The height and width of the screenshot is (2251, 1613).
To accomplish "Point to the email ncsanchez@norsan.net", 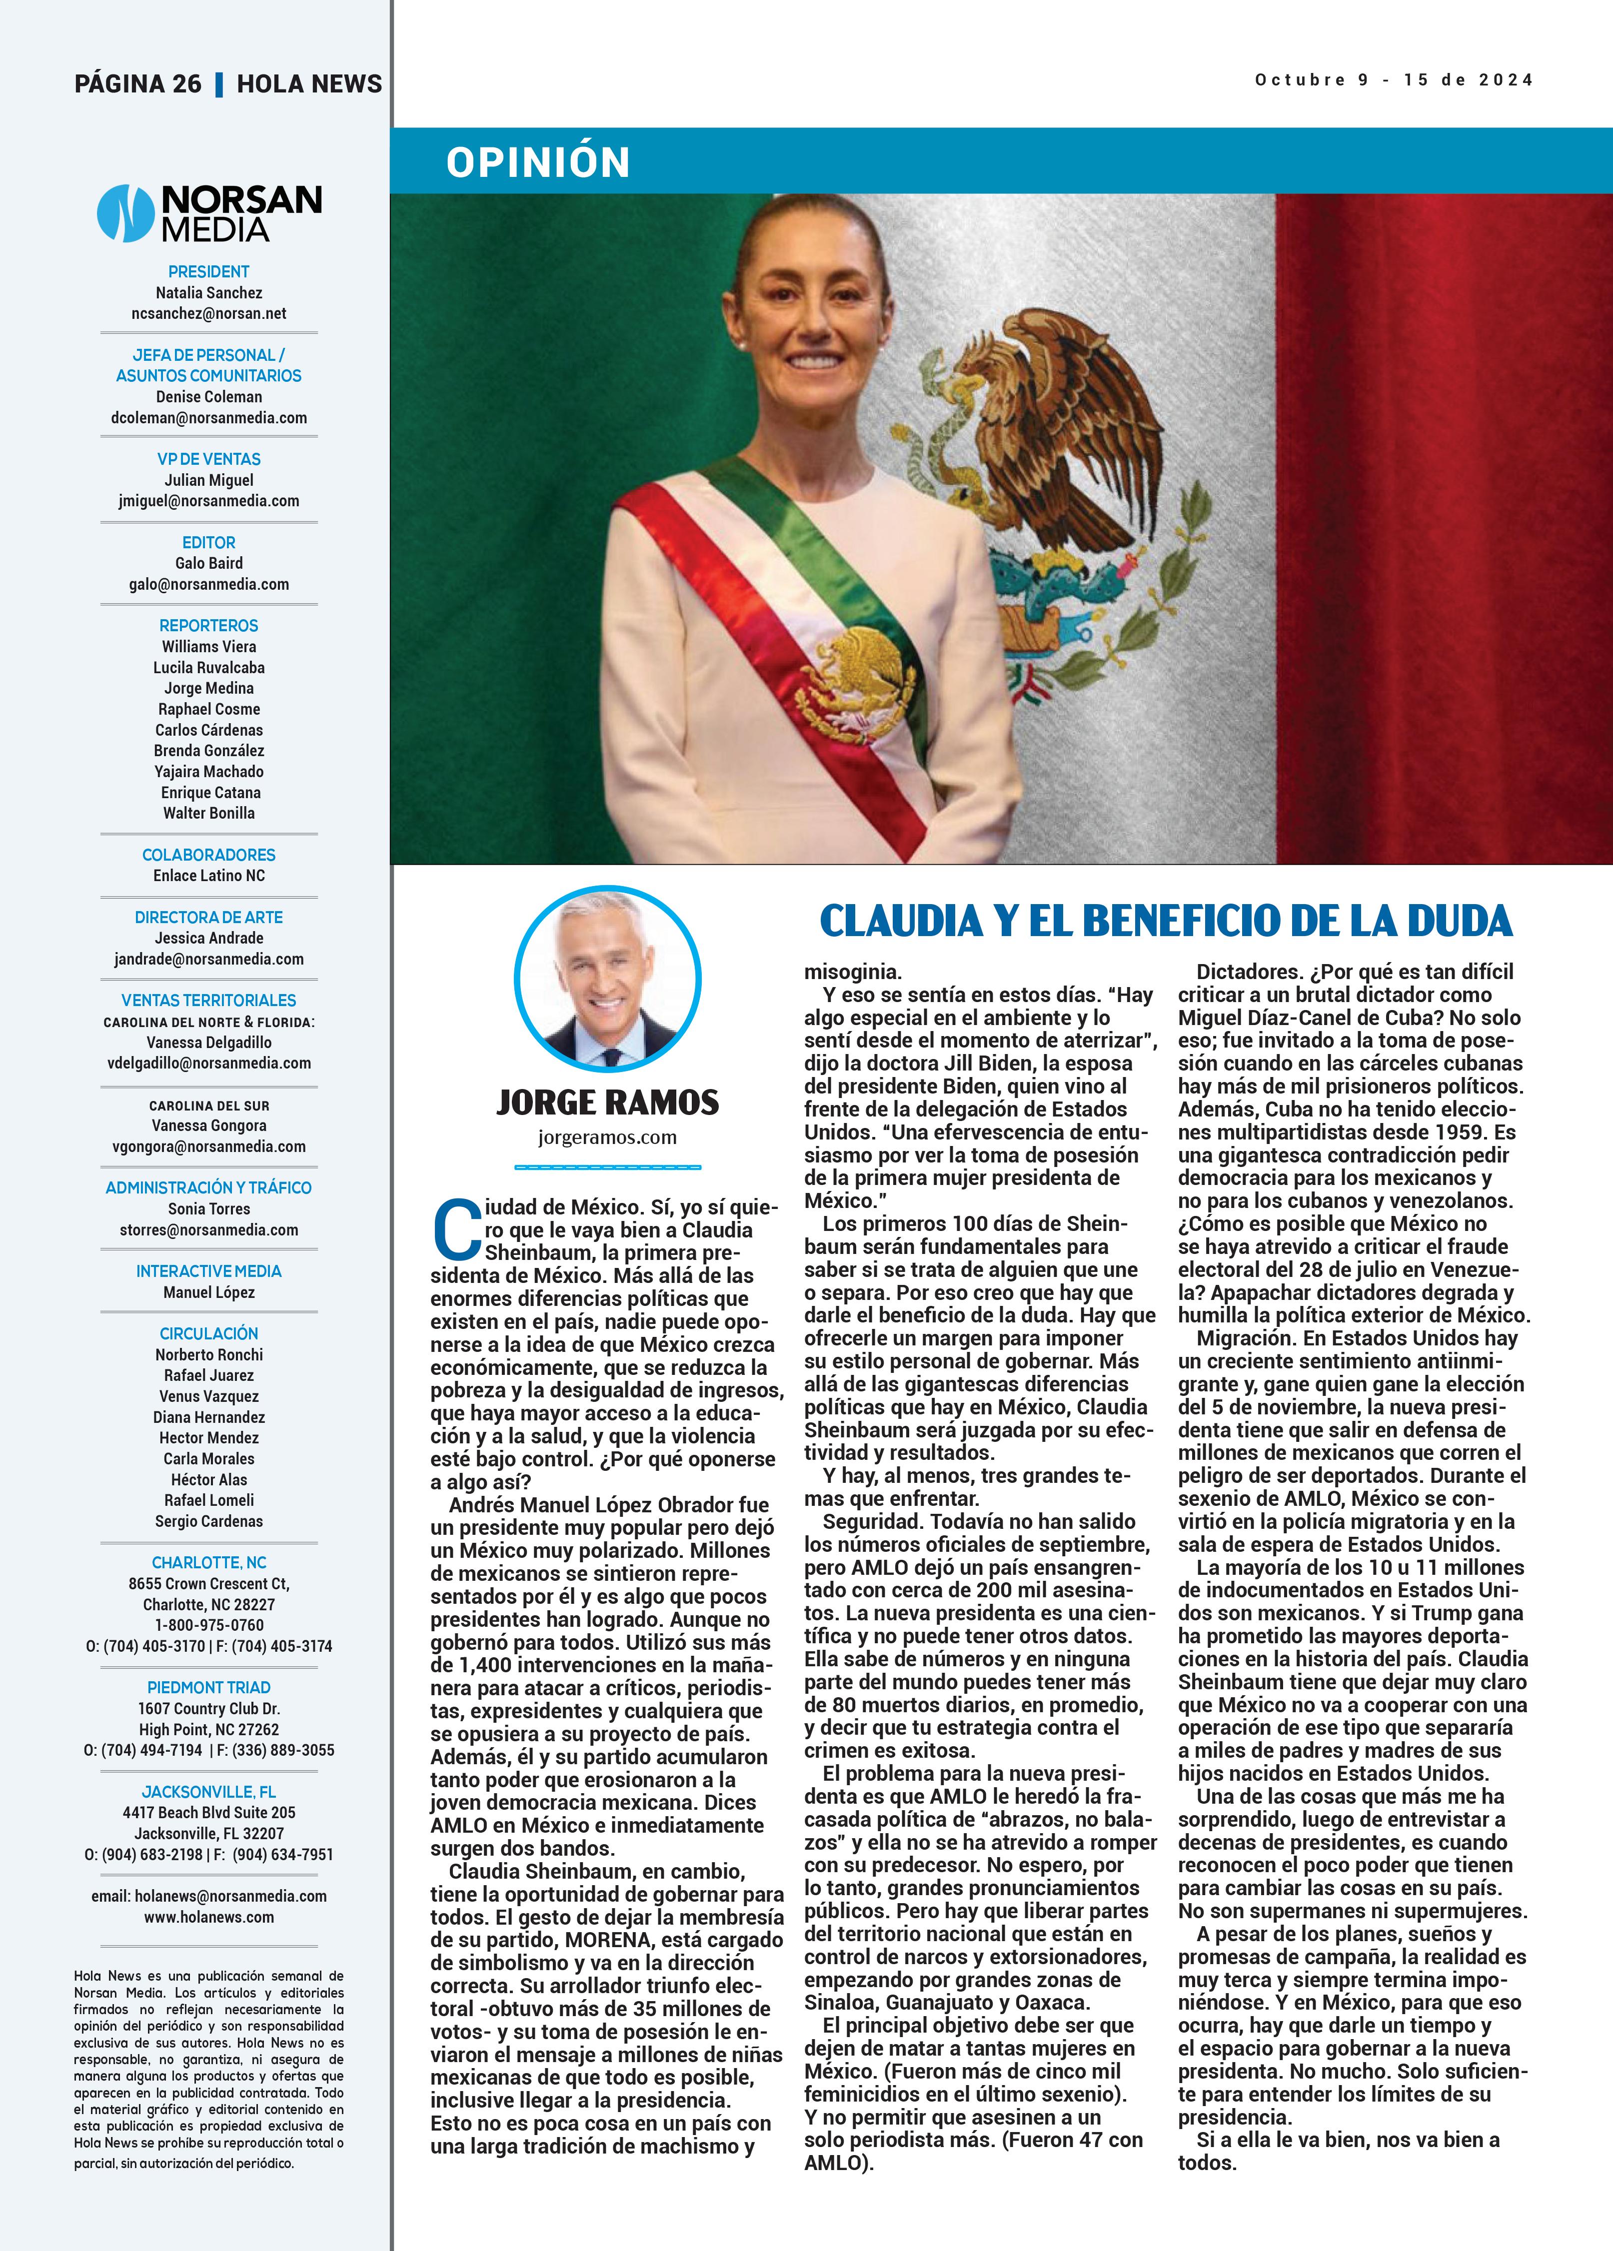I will [x=208, y=314].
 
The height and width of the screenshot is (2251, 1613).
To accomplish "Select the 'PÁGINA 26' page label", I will [x=138, y=83].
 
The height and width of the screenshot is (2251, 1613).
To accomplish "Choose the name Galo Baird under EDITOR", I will [x=208, y=563].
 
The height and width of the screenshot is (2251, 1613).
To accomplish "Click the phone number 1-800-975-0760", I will [x=208, y=1625].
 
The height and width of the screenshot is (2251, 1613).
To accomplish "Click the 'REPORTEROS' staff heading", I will [x=208, y=625].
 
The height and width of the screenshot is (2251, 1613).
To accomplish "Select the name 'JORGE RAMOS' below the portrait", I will [x=607, y=1102].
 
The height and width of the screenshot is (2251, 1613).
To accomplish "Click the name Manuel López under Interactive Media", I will [x=208, y=1292].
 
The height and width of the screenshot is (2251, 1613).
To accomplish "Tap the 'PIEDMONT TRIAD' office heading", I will [x=208, y=1687].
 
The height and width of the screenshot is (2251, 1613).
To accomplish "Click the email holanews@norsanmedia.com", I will [x=208, y=1896].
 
